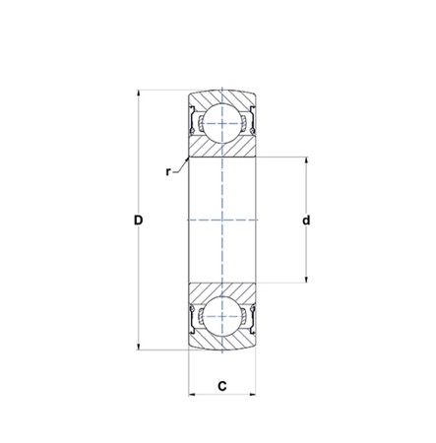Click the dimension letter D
[x=139, y=221]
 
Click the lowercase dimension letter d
[x=306, y=221]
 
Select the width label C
[x=222, y=386]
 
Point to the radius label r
[x=168, y=171]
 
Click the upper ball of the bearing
[x=222, y=123]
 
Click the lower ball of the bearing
[x=222, y=317]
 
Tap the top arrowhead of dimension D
[x=139, y=94]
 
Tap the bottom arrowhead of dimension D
[x=139, y=347]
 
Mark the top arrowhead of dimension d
[x=306, y=160]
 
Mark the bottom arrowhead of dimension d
[x=306, y=280]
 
